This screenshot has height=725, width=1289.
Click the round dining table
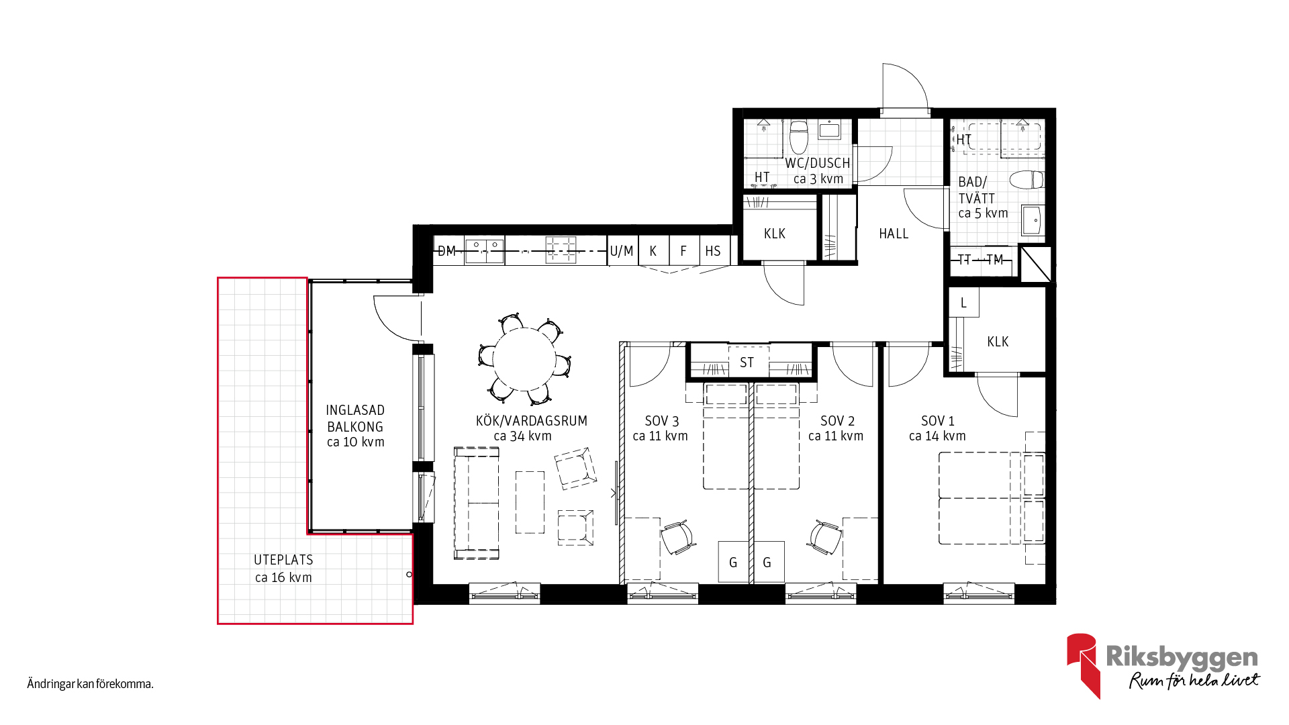click(524, 359)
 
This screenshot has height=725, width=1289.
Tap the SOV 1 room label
click(937, 421)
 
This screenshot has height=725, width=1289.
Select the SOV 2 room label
click(837, 421)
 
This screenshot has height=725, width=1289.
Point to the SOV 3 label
click(661, 421)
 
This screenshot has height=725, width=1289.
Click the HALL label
click(894, 234)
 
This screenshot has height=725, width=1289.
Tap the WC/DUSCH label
click(818, 163)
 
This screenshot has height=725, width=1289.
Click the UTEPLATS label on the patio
click(283, 560)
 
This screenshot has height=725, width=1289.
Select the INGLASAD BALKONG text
click(355, 418)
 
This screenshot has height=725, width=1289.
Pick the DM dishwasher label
click(446, 251)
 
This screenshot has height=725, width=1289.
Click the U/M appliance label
click(622, 251)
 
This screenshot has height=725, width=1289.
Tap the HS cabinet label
click(713, 251)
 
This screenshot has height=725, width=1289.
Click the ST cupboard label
click(747, 363)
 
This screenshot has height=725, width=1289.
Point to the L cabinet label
click(963, 303)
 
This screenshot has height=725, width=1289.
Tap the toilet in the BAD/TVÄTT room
click(1027, 180)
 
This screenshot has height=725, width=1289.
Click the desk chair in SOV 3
click(677, 537)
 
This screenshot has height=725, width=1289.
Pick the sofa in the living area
click(477, 503)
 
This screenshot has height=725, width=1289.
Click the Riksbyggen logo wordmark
click(1182, 657)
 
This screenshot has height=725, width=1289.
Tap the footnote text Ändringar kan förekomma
click(91, 684)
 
